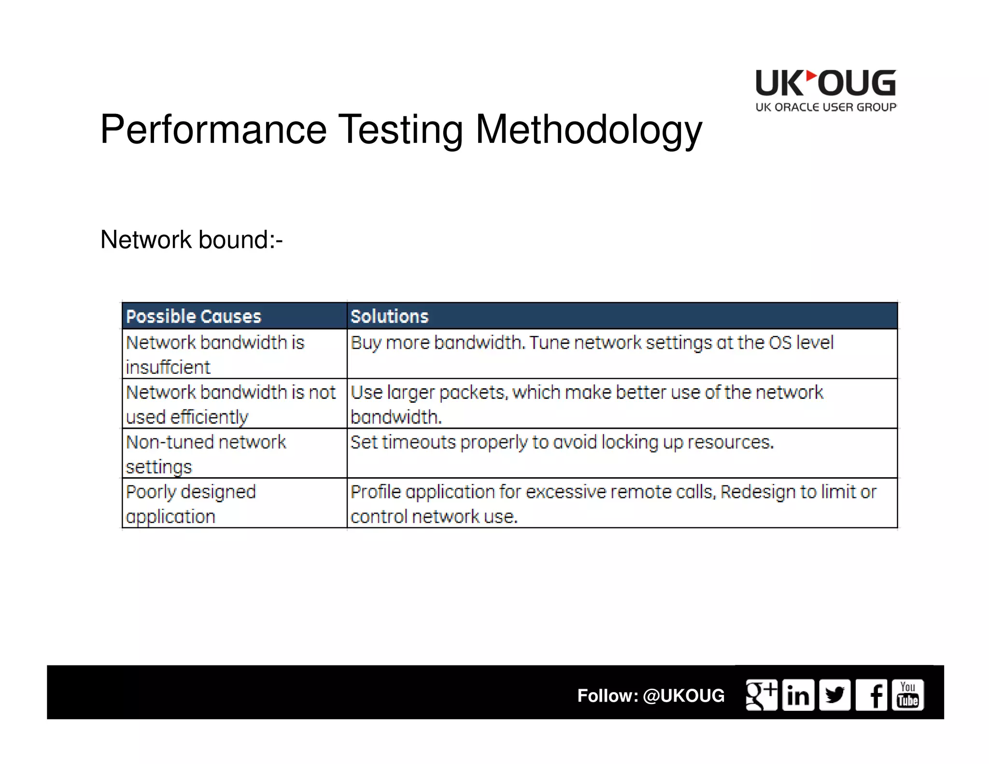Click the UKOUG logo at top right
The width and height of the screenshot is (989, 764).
826,90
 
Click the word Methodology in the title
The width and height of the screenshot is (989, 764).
589,129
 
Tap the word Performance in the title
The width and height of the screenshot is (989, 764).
213,129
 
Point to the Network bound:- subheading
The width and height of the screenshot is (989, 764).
191,240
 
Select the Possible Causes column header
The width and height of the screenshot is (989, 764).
193,316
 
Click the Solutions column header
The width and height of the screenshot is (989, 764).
389,316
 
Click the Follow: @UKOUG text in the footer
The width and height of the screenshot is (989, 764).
650,695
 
